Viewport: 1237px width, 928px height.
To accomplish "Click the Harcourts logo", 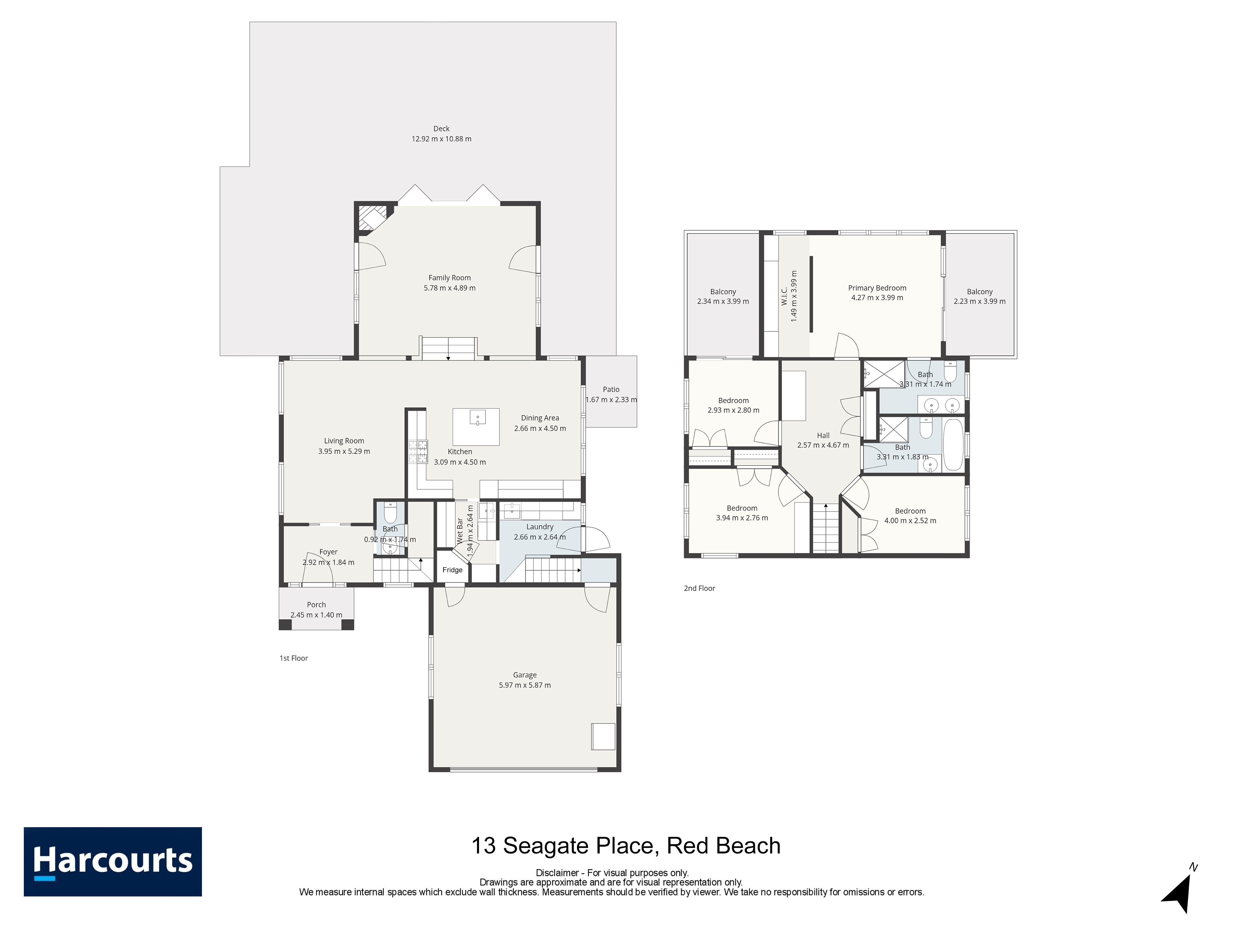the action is (112, 862).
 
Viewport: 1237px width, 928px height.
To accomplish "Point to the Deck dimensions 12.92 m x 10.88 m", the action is (441, 139).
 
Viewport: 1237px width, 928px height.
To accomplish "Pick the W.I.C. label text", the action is (784, 296).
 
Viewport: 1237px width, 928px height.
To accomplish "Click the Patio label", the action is (611, 389).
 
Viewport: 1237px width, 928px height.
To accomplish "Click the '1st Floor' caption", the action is (293, 658).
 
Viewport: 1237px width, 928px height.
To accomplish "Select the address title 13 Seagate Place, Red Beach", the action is (626, 846).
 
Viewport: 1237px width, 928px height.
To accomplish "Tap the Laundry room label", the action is (540, 526).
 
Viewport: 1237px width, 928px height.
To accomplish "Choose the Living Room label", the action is (344, 441).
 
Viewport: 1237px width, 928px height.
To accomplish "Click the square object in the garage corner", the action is (603, 737).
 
